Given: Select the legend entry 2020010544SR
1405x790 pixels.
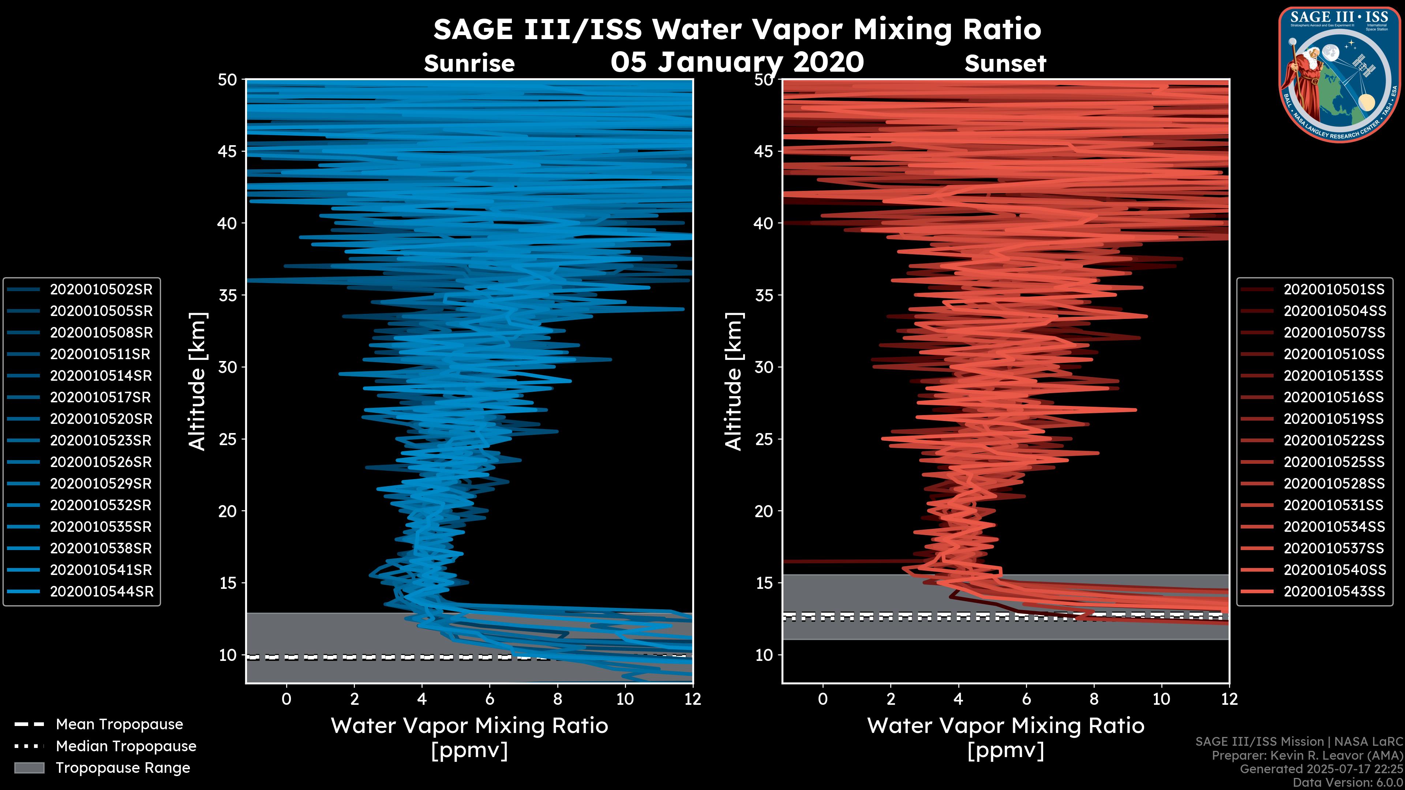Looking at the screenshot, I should coord(101,591).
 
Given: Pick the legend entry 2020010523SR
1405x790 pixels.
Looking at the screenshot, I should coord(101,440).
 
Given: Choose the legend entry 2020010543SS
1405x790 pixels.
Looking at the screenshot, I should coord(1334,591).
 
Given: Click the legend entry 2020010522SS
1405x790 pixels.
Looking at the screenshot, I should coord(1334,440).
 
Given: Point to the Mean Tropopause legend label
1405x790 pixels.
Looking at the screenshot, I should coord(119,725).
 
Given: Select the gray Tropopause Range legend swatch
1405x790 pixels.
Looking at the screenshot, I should coord(29,768).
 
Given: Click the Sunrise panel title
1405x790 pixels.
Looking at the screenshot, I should coord(469,64).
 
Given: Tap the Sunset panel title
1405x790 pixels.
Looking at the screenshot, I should coord(1005,64).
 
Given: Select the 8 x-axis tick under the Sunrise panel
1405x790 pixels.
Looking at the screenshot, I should coord(557,699).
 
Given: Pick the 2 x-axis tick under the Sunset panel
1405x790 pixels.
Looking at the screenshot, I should coord(891,699).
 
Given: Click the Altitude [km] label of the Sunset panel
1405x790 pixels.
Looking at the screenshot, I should coord(734,381).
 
